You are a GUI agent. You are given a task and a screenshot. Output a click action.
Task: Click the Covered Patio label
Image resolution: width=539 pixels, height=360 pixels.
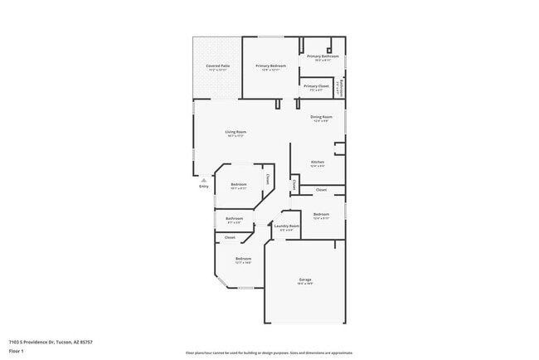tap(218, 66)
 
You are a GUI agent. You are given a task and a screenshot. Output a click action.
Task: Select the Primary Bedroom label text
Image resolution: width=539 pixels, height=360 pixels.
tap(270, 66)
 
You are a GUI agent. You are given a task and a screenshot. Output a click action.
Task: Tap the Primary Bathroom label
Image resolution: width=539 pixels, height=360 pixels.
tap(323, 56)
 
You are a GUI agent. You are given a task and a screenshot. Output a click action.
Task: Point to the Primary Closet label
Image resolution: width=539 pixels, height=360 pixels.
tap(316, 86)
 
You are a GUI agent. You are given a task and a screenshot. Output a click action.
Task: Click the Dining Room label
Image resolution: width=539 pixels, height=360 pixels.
tap(322, 117)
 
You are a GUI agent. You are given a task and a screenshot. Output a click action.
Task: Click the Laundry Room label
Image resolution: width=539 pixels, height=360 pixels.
tap(287, 226)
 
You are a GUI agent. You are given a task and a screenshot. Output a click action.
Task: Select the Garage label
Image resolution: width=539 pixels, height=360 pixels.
tap(305, 280)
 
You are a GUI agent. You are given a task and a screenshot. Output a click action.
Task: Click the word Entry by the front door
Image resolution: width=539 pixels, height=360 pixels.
tap(204, 187)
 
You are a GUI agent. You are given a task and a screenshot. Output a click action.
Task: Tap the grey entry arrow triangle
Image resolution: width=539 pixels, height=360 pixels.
tap(204, 179)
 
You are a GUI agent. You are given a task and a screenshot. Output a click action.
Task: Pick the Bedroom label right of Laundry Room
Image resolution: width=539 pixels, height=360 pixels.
tap(321, 214)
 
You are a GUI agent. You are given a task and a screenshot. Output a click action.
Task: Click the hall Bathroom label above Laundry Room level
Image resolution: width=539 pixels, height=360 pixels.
tap(234, 218)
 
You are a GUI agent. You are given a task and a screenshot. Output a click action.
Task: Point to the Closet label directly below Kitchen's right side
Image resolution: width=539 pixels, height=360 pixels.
tap(321, 190)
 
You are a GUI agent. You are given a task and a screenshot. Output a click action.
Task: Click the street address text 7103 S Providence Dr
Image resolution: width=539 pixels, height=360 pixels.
tap(51, 342)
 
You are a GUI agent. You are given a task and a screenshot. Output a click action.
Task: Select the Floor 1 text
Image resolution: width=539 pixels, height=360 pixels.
tap(17, 351)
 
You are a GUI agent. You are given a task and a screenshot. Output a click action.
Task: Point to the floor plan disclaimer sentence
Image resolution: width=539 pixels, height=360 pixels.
tap(269, 353)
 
